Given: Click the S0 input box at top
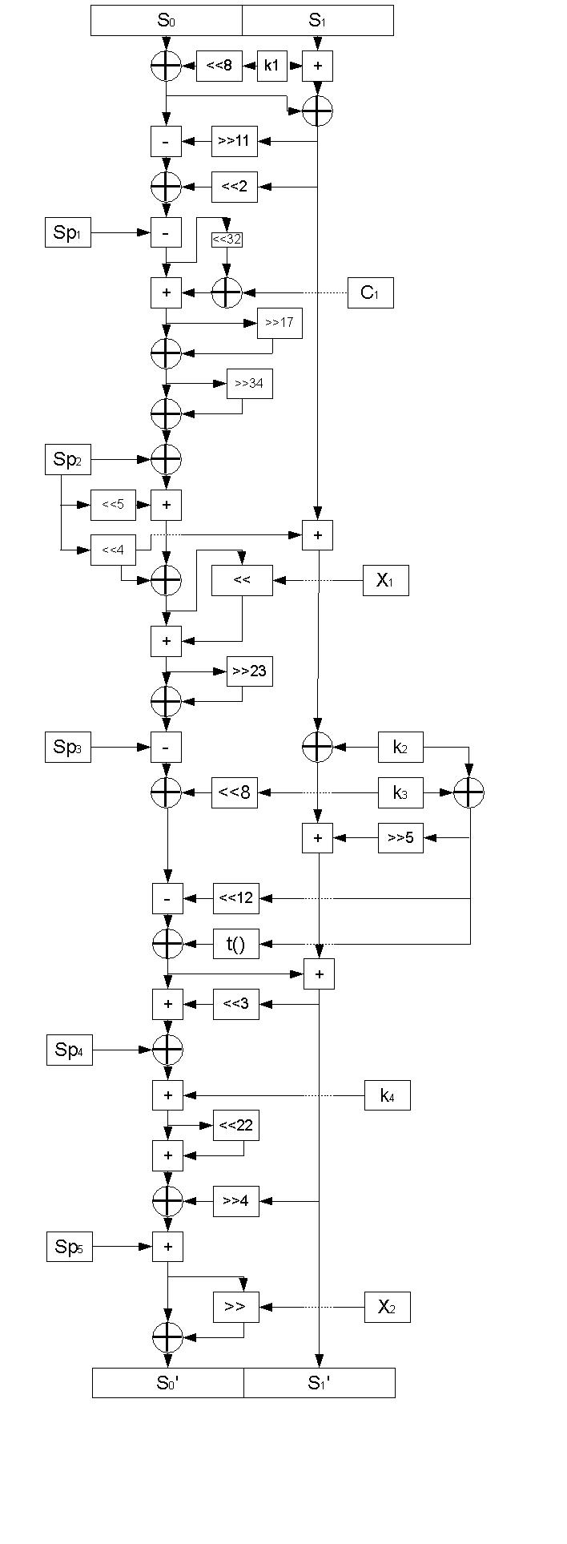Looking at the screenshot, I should pos(166,21).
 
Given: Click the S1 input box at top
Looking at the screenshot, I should pos(317,21).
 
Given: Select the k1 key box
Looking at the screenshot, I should pos(271,66).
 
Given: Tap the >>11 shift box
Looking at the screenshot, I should pos(235,141).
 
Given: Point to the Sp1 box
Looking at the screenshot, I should pos(67,233).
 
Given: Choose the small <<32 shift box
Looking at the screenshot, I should pos(227,239).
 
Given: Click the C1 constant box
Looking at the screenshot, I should pos(371,292).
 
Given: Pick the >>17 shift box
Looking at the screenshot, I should pos(279,323).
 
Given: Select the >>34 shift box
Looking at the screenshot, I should pos(249,384).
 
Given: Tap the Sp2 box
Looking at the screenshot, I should pos(67,459).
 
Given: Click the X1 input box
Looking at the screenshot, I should pos(385,580).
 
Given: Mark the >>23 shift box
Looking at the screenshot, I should pos(249,671).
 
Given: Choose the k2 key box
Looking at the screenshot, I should pos(400,748).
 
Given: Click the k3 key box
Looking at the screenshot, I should pos(400,793).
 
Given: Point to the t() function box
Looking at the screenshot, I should pos(235,944).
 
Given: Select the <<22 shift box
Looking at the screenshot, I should pos(235,1125).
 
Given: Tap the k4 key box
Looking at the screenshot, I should pos(388,1095).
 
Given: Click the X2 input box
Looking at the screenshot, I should pos(388,1307).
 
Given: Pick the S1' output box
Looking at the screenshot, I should pos(319,1383).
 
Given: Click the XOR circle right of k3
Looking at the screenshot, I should pos(469,793).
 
